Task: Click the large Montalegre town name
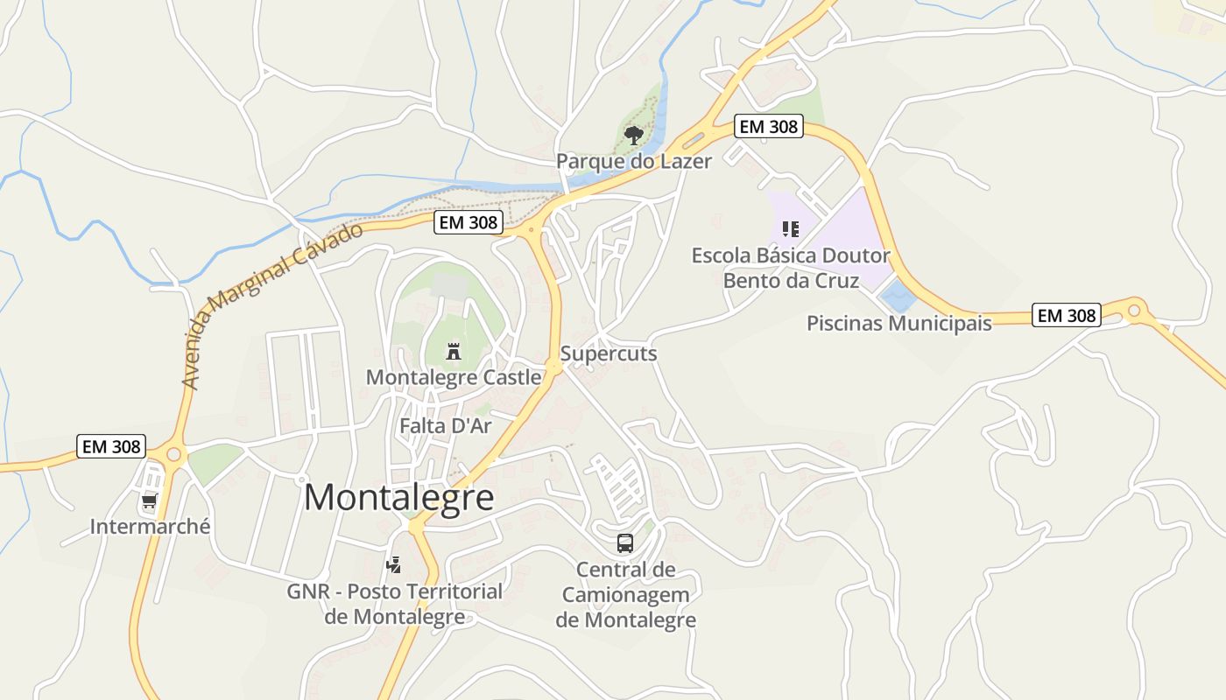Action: pos(398,498)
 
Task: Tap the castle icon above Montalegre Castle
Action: pos(454,352)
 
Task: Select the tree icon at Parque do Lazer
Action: pos(633,135)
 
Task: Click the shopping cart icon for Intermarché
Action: pos(150,502)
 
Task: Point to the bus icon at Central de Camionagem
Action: pos(625,543)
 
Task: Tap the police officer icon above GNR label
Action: pos(394,565)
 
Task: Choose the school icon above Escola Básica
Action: pos(791,229)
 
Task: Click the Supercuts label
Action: pos(609,353)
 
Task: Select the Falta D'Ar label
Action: pos(445,426)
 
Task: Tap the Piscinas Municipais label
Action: pos(898,323)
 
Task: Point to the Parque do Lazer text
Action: pos(634,161)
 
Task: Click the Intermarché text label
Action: pos(150,527)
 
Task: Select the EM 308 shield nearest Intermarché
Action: pos(110,446)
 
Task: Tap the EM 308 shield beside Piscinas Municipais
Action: pos(1066,315)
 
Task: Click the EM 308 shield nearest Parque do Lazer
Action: pos(768,126)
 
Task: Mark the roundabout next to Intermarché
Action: pos(173,453)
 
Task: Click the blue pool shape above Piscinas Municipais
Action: pos(898,295)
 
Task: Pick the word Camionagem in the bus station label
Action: pos(625,595)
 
